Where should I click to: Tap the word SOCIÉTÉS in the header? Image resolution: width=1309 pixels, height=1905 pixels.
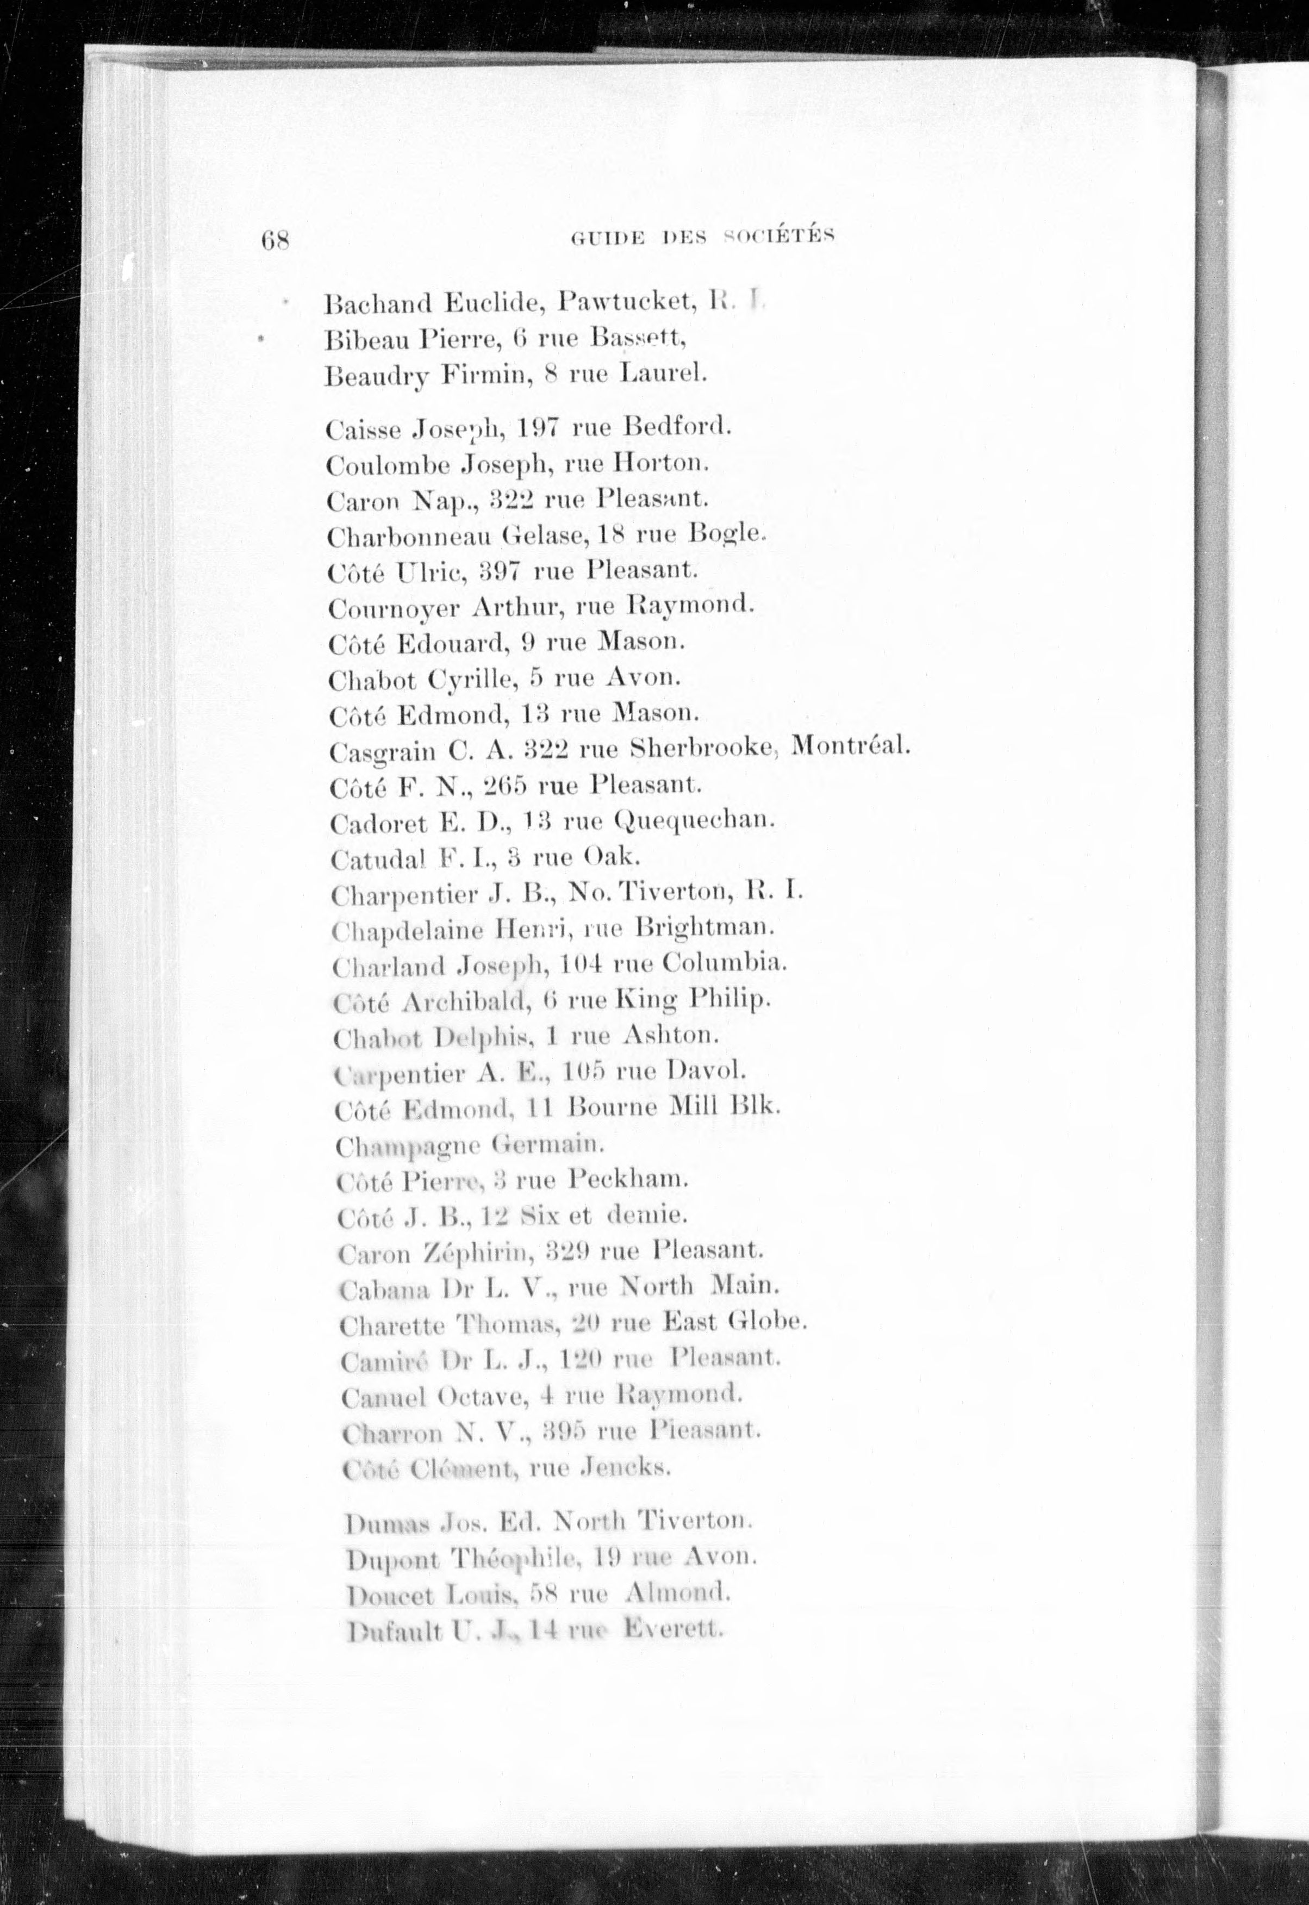click(778, 237)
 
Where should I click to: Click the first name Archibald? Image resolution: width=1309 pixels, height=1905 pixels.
click(469, 1000)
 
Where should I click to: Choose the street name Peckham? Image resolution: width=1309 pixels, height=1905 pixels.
click(626, 1180)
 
